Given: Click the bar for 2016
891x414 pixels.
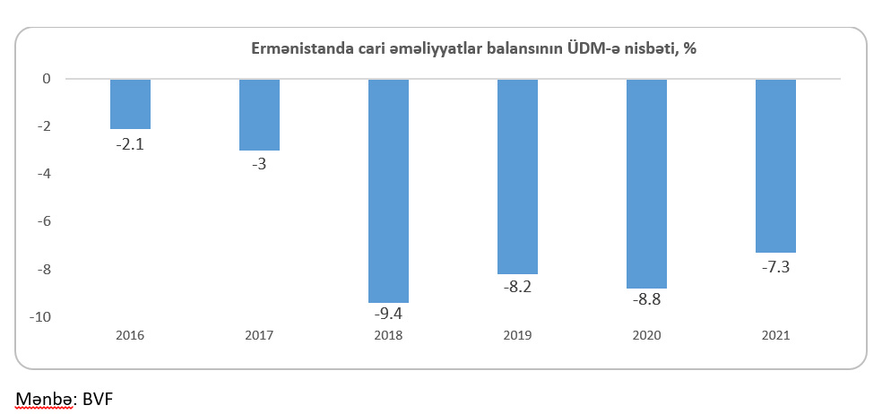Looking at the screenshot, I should (130, 104).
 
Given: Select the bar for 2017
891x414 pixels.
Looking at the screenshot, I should (259, 115).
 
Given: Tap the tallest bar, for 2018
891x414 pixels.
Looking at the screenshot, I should (388, 191).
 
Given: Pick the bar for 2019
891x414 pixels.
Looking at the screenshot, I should (517, 177).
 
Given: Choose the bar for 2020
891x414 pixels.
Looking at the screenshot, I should (646, 184).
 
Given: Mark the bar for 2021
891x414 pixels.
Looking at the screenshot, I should (775, 166).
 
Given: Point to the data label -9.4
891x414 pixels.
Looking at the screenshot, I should (389, 315).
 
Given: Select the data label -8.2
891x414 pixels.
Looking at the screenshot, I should (518, 288).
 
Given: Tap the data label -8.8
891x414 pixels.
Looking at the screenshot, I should (647, 301).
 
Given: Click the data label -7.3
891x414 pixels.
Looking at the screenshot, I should (776, 266).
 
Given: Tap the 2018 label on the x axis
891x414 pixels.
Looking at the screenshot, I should (388, 336).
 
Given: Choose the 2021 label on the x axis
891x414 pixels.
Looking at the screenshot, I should (775, 336).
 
